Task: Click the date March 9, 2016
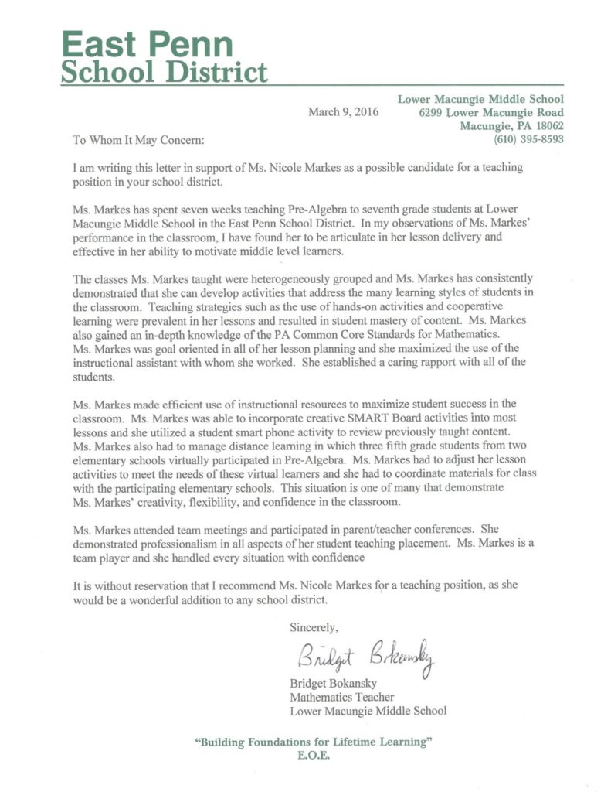click(340, 112)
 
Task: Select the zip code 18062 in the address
click(547, 126)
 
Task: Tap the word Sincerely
click(314, 626)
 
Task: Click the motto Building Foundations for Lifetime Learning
click(313, 742)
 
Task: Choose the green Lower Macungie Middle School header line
click(480, 99)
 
